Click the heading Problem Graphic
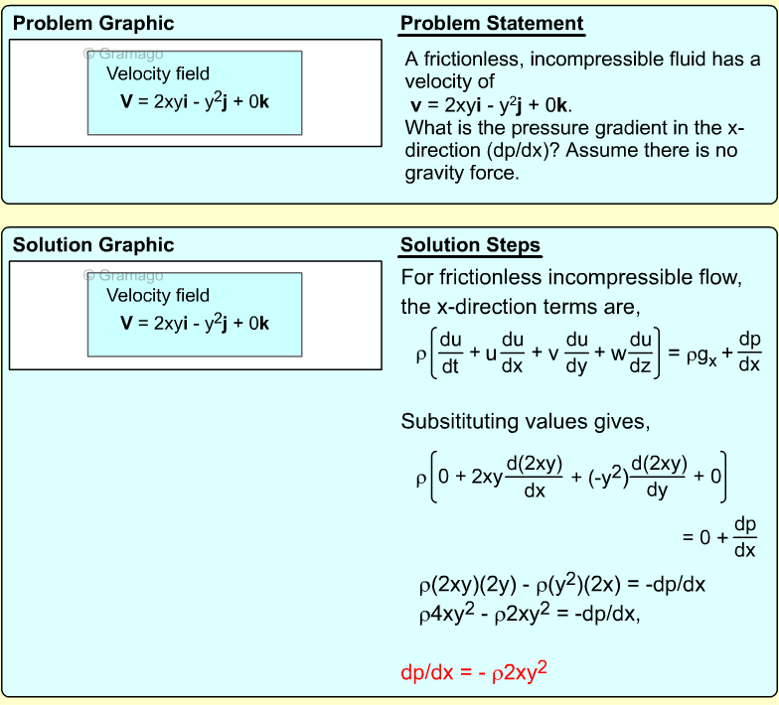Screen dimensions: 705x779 point(93,24)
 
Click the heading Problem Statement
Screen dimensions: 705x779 point(492,24)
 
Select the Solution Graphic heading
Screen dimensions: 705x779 point(93,245)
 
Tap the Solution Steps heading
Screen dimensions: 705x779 point(470,245)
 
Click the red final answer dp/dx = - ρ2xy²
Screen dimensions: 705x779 point(474,672)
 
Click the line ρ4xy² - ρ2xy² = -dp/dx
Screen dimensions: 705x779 point(530,614)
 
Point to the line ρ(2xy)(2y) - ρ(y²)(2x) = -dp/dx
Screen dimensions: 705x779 point(561,585)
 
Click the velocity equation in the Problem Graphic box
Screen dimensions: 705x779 point(195,100)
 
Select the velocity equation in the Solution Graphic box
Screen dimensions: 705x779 point(195,323)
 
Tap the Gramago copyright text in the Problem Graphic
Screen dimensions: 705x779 point(123,55)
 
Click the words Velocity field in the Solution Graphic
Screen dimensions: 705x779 point(158,295)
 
